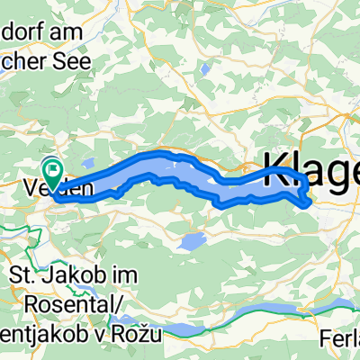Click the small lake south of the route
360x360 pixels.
coord(191,241)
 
